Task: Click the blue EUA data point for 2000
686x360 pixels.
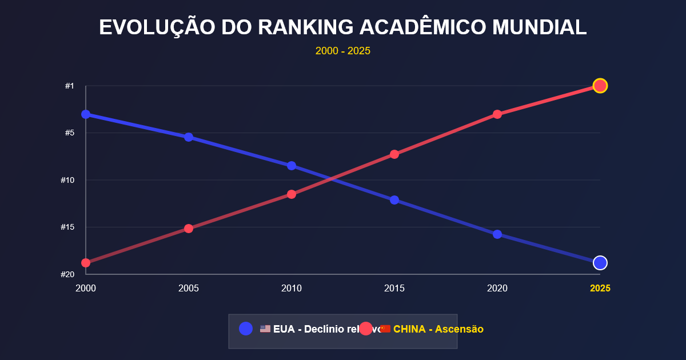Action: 86,114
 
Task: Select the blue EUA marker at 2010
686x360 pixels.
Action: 292,166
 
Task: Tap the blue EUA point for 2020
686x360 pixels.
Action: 497,234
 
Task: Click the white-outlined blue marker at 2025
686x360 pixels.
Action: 600,263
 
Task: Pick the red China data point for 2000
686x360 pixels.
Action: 86,263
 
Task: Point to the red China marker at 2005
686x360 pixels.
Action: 189,229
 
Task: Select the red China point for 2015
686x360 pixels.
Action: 394,154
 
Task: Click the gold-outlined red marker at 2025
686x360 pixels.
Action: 600,86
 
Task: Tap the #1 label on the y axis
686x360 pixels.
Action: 69,86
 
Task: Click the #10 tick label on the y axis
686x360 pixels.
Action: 67,180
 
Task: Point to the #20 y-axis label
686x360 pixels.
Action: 67,274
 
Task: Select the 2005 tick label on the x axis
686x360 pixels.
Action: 189,289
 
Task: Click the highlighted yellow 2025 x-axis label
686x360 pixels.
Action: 600,289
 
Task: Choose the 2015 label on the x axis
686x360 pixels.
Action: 394,289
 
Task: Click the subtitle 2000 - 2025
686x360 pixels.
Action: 343,51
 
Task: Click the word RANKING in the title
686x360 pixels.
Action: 306,27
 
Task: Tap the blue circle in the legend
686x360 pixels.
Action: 246,329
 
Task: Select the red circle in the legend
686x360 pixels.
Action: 366,329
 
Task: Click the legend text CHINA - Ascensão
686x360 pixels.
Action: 438,329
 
